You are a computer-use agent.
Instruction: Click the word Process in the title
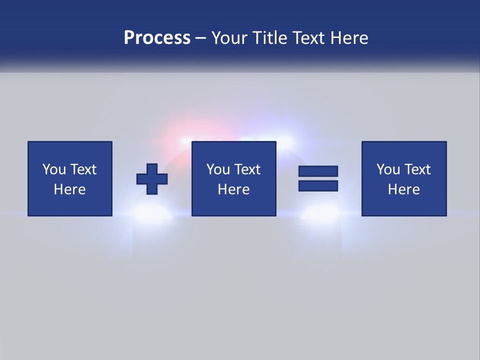[x=157, y=38]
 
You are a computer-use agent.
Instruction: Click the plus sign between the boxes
[x=152, y=179]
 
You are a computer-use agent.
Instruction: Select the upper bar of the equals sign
[x=318, y=171]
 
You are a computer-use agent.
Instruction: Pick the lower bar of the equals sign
[x=318, y=185]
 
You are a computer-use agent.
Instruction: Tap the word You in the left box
[x=54, y=169]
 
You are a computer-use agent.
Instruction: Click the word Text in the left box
[x=82, y=169]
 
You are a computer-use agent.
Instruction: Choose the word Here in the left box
[x=69, y=189]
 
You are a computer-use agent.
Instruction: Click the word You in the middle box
[x=218, y=169]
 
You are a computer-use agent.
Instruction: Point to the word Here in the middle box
[x=233, y=189]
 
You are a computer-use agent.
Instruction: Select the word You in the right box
[x=388, y=169]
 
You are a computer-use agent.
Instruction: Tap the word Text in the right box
[x=416, y=169]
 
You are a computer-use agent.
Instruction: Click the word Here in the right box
[x=403, y=189]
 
